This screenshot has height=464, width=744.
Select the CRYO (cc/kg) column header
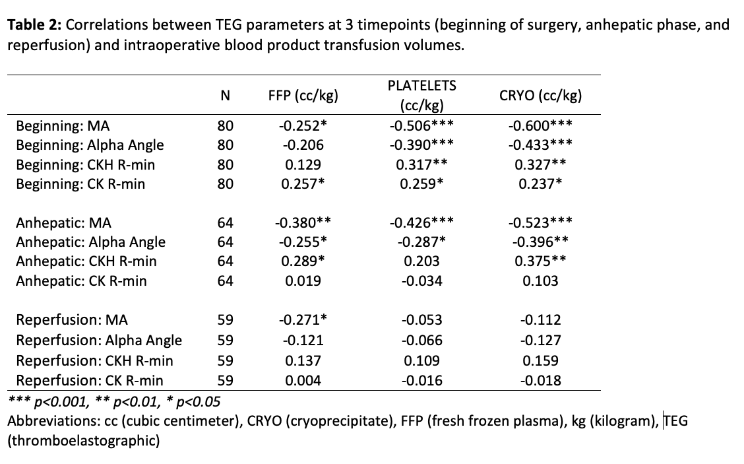point(541,95)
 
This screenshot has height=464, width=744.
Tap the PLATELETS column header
point(422,86)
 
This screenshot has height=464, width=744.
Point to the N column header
point(225,95)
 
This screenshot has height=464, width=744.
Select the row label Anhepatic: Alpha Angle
point(90,242)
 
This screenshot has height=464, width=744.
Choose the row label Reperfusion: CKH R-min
point(94,361)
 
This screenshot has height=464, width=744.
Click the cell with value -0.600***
point(541,125)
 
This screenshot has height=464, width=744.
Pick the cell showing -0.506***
point(422,125)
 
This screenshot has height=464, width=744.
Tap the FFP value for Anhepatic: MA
point(303,222)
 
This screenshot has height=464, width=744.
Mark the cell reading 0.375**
point(541,261)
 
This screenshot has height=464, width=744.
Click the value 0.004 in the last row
point(303,380)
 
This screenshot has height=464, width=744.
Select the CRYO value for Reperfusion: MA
point(541,320)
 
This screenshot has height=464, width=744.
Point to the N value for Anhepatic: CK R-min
point(225,281)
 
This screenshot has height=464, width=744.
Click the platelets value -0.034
point(422,281)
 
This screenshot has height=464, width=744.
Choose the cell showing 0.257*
point(303,184)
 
